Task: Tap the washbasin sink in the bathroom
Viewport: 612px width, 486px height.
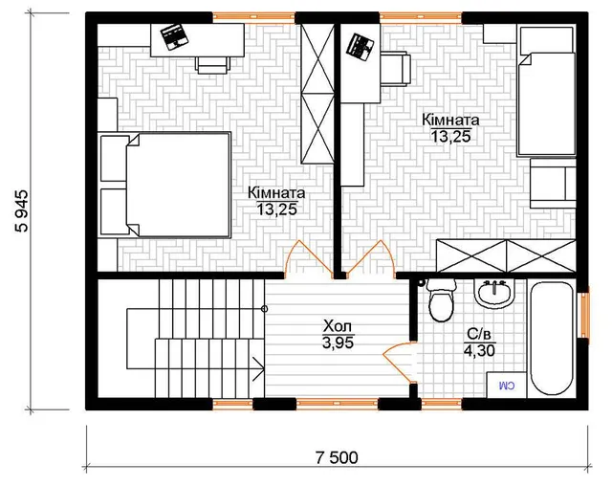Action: pyautogui.click(x=494, y=293)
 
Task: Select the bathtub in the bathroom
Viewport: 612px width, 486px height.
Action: pyautogui.click(x=552, y=338)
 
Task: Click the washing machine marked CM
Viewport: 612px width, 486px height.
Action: pyautogui.click(x=506, y=386)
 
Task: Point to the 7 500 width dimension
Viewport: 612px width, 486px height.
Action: pyautogui.click(x=337, y=457)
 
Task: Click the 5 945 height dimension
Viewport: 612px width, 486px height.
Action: pyautogui.click(x=22, y=210)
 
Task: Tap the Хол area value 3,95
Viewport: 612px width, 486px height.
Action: pyautogui.click(x=338, y=342)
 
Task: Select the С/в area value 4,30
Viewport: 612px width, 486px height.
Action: pyautogui.click(x=479, y=350)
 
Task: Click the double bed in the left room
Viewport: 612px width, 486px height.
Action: pyautogui.click(x=177, y=185)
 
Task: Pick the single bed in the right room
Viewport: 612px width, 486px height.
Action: pyautogui.click(x=546, y=104)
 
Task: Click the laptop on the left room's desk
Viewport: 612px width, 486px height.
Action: pyautogui.click(x=176, y=36)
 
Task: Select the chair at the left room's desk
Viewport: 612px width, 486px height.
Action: pyautogui.click(x=213, y=64)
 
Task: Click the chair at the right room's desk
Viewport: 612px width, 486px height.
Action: pyautogui.click(x=396, y=70)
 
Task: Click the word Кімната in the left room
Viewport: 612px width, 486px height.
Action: pyautogui.click(x=276, y=193)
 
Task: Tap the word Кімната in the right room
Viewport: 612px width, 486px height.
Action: pyautogui.click(x=450, y=120)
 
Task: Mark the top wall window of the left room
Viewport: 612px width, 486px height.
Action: pyautogui.click(x=253, y=17)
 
